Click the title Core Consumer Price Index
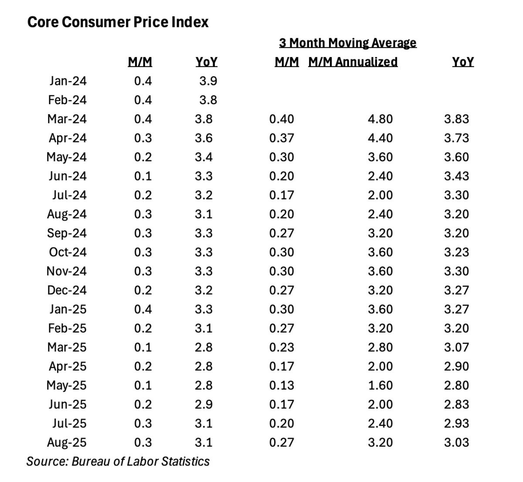[118, 22]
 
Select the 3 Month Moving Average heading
[347, 43]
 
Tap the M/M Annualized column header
[353, 62]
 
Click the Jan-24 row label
[68, 81]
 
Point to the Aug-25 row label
[67, 443]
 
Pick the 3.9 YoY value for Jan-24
[208, 81]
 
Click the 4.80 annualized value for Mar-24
[380, 119]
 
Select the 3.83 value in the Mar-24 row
[456, 119]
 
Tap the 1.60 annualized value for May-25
[380, 386]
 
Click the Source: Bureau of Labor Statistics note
[118, 462]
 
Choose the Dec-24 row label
[67, 290]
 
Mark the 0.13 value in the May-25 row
[282, 386]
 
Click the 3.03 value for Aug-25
[456, 443]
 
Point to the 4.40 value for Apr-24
[380, 138]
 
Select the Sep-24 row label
[67, 233]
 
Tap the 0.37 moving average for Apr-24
[282, 138]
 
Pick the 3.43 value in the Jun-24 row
[456, 176]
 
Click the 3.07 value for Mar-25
[456, 347]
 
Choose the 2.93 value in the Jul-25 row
[456, 424]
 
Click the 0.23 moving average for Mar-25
[282, 347]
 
